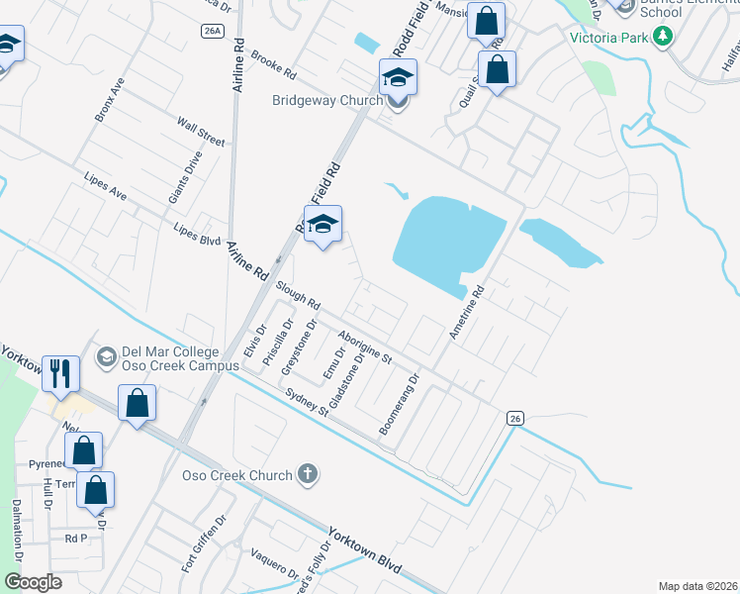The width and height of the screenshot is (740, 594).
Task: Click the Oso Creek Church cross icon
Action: pos(308,475)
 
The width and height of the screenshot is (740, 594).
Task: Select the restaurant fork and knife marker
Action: pos(60,373)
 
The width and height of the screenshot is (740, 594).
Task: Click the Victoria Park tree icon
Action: pos(662,39)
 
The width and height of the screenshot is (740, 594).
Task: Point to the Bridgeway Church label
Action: pos(326,100)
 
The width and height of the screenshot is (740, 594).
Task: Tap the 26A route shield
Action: pos(212,32)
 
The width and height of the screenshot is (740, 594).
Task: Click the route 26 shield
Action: pos(514,419)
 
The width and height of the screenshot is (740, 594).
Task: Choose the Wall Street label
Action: pos(201,132)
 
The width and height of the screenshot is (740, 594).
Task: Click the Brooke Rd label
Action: pos(274,65)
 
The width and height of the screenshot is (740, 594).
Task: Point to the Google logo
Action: pos(33,582)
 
